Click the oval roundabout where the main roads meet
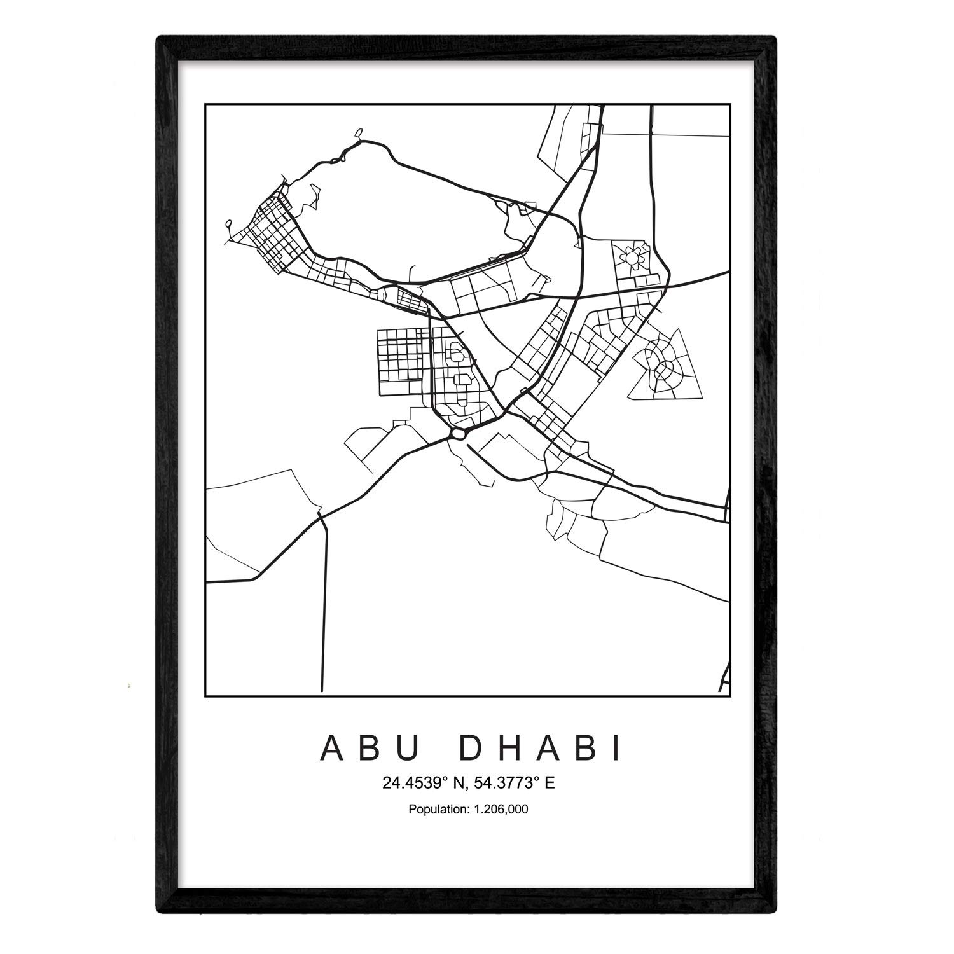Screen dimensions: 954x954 click(458, 433)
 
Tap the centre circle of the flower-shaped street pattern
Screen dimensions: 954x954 click(632, 258)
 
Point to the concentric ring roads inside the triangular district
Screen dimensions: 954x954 click(663, 367)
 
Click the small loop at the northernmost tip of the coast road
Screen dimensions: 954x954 click(359, 134)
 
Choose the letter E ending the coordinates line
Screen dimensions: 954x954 click(550, 783)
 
